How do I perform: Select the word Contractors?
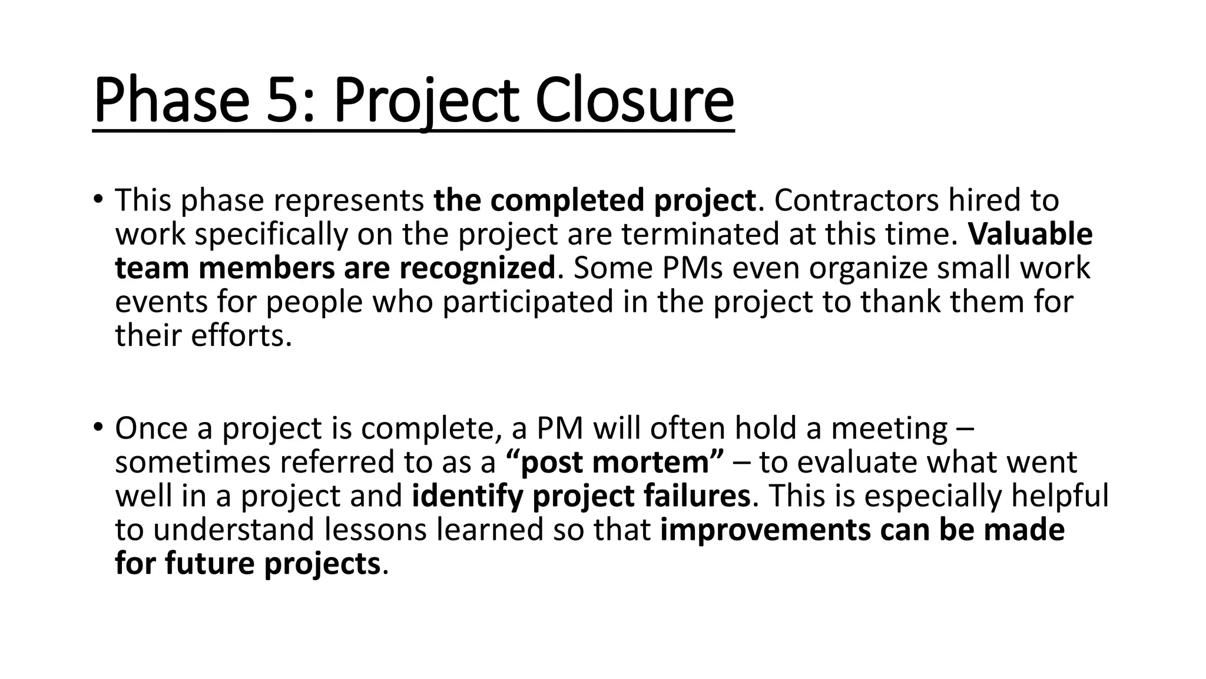tap(856, 200)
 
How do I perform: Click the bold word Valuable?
tap(1031, 235)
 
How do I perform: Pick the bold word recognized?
tap(477, 268)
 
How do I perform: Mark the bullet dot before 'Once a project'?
tap(98, 426)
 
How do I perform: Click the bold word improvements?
tap(766, 530)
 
